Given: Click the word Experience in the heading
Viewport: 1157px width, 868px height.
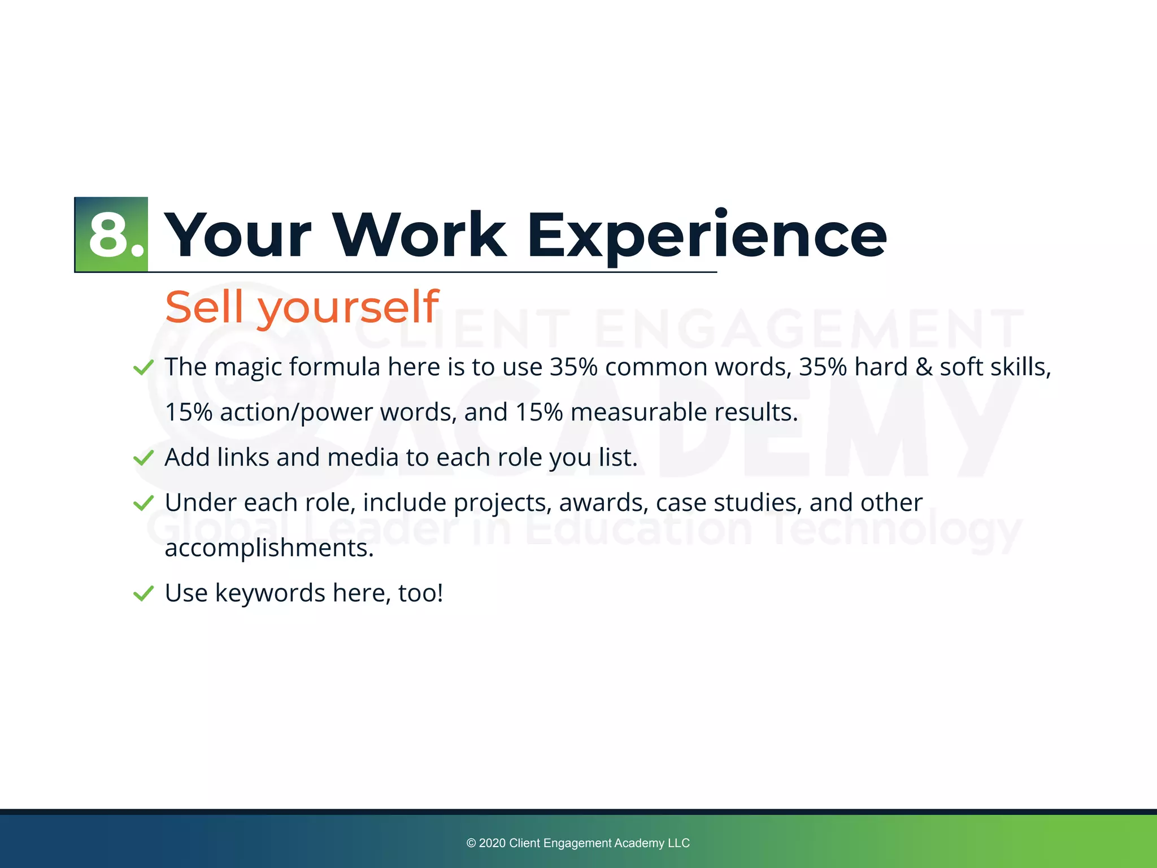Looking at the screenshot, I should [706, 235].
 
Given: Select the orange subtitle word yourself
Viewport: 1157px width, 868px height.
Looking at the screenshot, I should [348, 308].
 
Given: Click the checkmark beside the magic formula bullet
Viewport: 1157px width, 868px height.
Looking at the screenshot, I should [143, 368].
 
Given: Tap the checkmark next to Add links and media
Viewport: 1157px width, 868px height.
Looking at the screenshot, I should [143, 458].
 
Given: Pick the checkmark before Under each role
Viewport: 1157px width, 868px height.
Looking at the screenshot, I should [143, 503].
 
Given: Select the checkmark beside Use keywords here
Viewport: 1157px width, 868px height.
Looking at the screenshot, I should [143, 593].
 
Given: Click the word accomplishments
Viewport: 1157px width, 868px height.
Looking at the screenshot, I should [269, 548].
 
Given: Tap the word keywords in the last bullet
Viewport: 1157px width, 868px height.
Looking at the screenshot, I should [270, 593].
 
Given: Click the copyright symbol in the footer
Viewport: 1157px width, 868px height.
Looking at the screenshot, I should [471, 843].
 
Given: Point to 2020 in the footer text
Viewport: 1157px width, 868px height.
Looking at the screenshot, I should [492, 843].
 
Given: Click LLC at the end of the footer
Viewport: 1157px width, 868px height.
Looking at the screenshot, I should [678, 843].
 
